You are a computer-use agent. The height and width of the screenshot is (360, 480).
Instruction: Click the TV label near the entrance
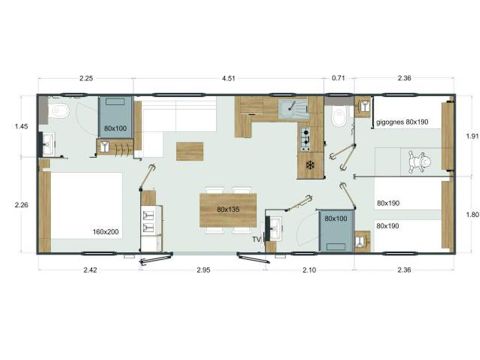[x=256, y=239]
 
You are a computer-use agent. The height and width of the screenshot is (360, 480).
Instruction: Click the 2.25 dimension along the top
[x=86, y=77]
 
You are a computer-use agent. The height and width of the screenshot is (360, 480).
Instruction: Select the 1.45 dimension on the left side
[x=21, y=127]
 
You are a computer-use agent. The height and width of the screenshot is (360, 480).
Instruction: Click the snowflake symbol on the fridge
[x=309, y=164]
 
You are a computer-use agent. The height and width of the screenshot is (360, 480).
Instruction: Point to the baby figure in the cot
[x=422, y=159]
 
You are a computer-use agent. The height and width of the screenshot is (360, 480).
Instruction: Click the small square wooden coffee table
[x=189, y=151]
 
